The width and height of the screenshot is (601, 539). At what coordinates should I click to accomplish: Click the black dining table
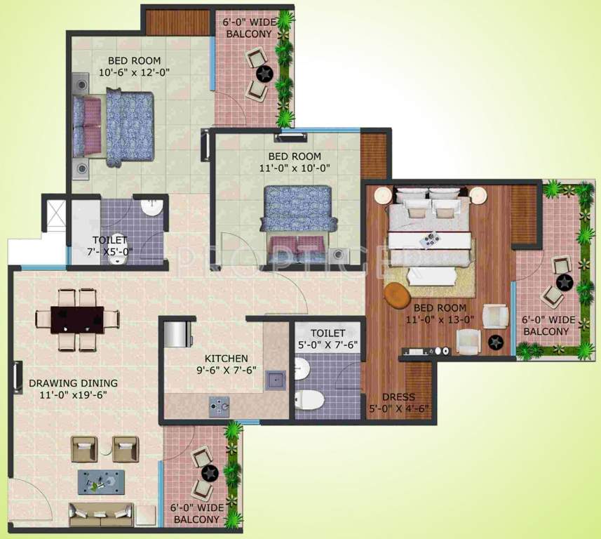coord(78,319)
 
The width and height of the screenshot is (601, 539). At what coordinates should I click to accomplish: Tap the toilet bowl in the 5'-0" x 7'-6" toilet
coord(309,400)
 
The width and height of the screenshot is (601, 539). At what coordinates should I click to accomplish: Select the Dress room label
coord(398,397)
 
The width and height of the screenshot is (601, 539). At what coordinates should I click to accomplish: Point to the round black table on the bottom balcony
coord(205,474)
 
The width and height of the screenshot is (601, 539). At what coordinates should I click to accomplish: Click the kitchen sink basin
coord(274,380)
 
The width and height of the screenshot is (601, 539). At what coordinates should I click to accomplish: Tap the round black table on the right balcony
coord(565,282)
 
